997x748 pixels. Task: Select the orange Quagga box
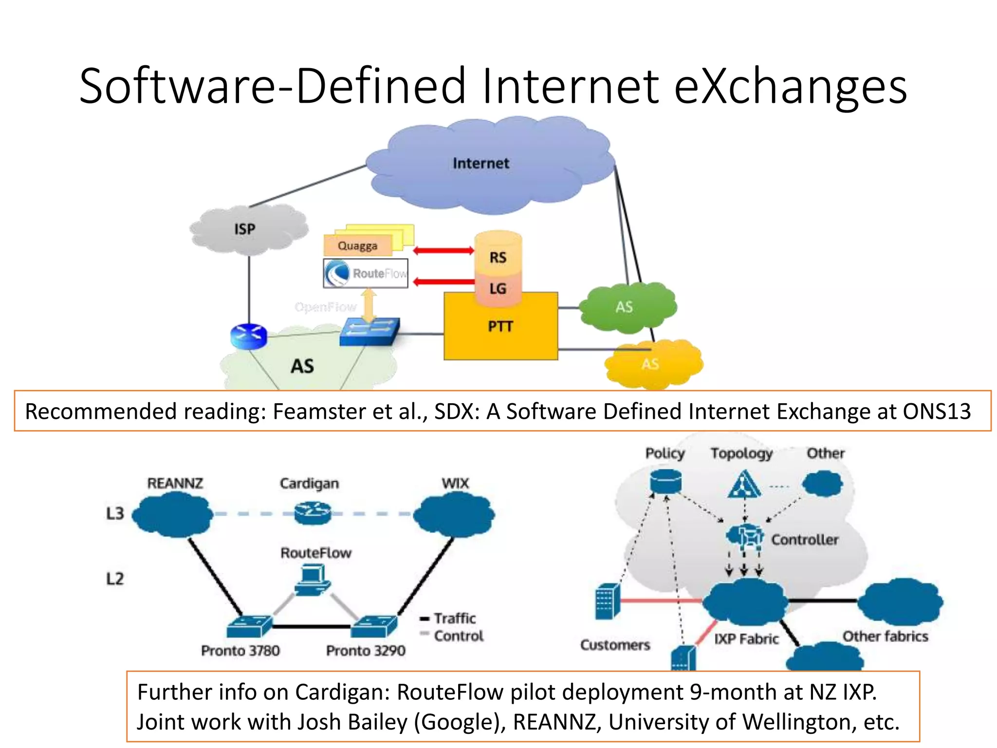[358, 245]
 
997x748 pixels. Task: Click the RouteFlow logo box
[366, 273]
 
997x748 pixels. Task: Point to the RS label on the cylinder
[498, 257]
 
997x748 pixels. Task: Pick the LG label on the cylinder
[498, 289]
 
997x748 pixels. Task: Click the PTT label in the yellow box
[500, 326]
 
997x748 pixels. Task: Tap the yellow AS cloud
[652, 364]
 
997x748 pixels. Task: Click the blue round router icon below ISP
[249, 337]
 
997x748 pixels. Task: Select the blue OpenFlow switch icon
[369, 332]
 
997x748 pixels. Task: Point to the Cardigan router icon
[313, 513]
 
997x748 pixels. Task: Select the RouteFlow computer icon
[313, 580]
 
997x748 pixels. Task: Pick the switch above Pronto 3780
[249, 625]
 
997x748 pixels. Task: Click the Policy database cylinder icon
[665, 481]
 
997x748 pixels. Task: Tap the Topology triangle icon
[743, 485]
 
